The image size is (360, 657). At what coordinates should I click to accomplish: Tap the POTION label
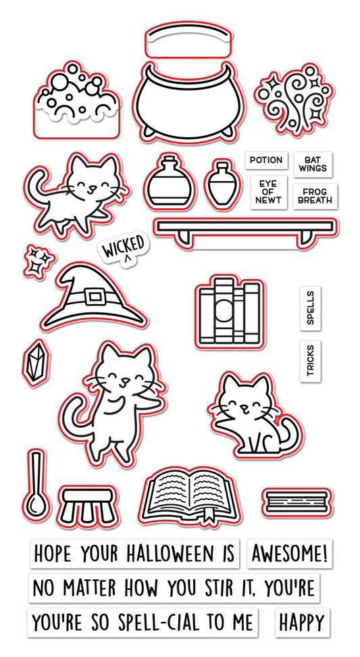point(265,160)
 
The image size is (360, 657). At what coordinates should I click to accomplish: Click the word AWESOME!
point(290,555)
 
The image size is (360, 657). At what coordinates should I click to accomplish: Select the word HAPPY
point(301,621)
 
